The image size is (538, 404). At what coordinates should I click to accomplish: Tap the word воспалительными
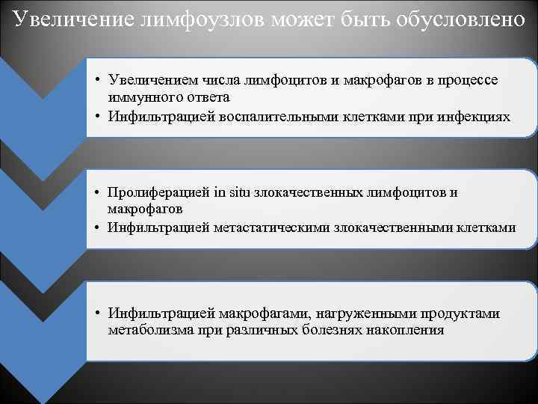(276, 117)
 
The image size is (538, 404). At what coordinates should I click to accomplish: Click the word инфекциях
(478, 117)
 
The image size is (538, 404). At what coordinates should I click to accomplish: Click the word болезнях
(327, 330)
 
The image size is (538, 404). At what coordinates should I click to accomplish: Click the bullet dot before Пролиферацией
(99, 192)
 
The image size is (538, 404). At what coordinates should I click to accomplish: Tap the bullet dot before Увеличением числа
(99, 81)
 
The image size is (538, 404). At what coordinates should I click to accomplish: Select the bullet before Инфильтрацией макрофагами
(99, 313)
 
